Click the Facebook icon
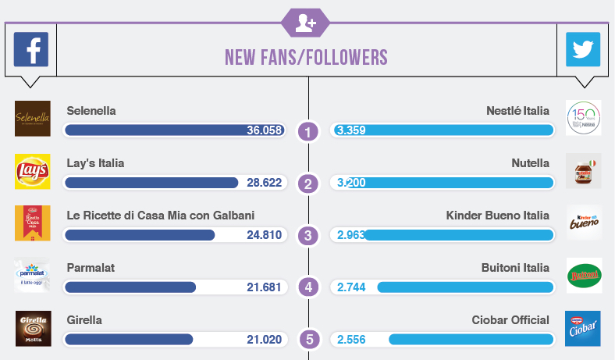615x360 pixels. pyautogui.click(x=31, y=50)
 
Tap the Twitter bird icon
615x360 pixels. pyautogui.click(x=583, y=50)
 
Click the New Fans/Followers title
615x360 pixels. pyautogui.click(x=306, y=57)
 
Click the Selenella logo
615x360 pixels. pyautogui.click(x=33, y=118)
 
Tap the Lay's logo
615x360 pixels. pyautogui.click(x=33, y=171)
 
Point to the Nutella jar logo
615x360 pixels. pyautogui.click(x=583, y=171)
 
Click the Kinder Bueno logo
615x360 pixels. pyautogui.click(x=583, y=223)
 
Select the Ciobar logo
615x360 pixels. pyautogui.click(x=583, y=329)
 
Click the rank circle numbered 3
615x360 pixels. pyautogui.click(x=308, y=235)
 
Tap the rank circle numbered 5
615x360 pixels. pyautogui.click(x=308, y=340)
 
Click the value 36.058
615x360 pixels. pyautogui.click(x=264, y=130)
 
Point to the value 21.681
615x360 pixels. pyautogui.click(x=264, y=287)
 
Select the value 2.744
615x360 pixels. pyautogui.click(x=351, y=287)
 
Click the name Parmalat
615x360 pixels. pyautogui.click(x=91, y=268)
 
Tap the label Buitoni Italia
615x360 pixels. pyautogui.click(x=515, y=268)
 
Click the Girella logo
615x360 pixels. pyautogui.click(x=33, y=329)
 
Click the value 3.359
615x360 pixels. pyautogui.click(x=351, y=130)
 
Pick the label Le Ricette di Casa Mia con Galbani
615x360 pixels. pyautogui.click(x=161, y=216)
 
